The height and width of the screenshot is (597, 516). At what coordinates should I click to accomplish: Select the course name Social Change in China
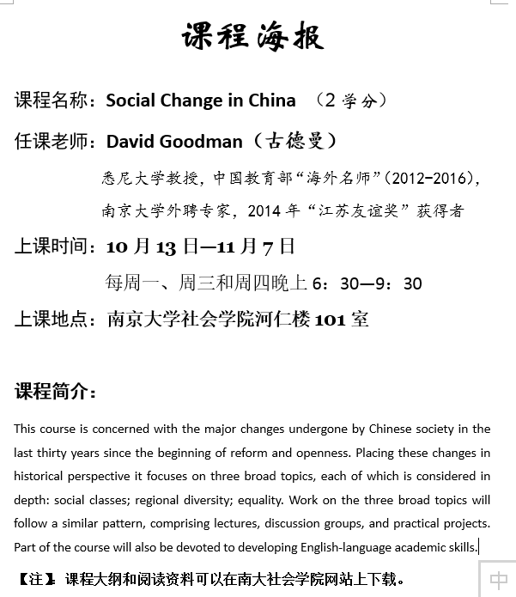201,101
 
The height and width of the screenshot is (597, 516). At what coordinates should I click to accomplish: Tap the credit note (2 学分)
352,101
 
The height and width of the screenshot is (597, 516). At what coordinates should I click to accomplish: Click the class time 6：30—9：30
367,283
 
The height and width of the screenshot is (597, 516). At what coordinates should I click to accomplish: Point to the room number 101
330,320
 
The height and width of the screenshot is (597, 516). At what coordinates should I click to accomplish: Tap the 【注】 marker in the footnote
37,579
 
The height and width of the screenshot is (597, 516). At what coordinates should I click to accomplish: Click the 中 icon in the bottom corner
498,580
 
